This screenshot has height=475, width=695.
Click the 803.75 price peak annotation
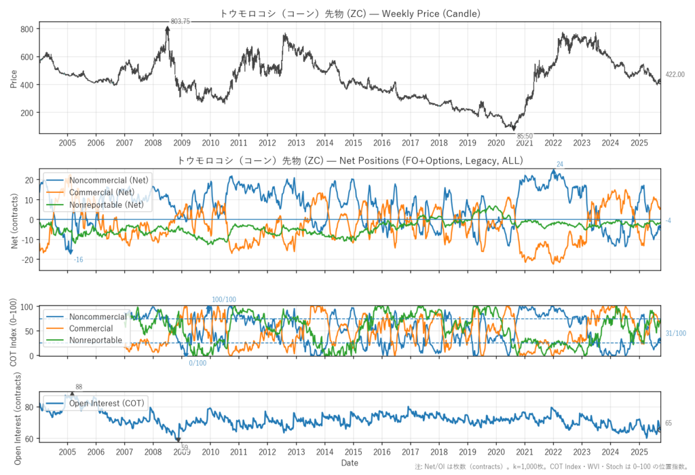click(x=180, y=22)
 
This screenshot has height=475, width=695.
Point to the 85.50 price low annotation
click(x=525, y=137)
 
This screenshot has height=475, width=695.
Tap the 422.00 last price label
click(x=675, y=75)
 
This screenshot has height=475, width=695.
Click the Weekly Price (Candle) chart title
click(x=350, y=14)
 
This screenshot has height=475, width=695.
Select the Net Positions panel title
click(x=350, y=161)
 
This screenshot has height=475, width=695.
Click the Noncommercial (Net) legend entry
click(x=109, y=180)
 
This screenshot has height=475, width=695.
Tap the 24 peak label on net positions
click(x=560, y=164)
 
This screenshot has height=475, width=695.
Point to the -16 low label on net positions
click(x=79, y=260)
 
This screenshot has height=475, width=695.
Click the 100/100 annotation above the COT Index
click(x=224, y=300)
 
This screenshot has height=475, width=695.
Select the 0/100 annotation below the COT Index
click(x=198, y=364)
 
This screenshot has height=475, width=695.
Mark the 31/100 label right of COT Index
click(x=675, y=333)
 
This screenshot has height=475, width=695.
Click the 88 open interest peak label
click(x=79, y=387)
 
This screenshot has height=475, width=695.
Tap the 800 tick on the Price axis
click(x=27, y=30)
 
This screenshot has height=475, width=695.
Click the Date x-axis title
click(x=350, y=463)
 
